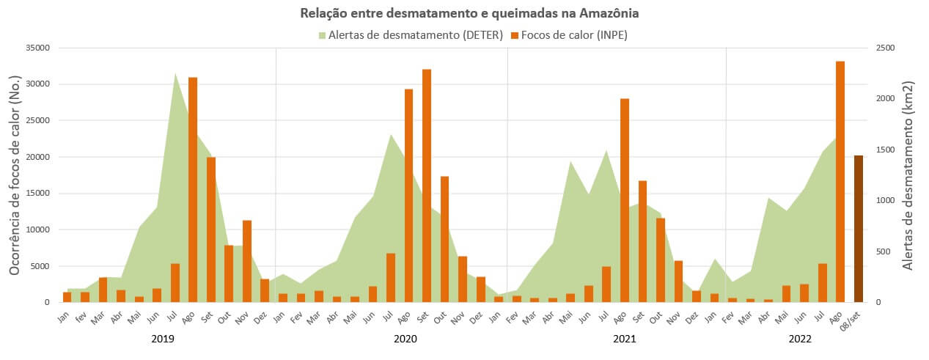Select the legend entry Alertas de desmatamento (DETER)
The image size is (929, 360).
click(x=411, y=34)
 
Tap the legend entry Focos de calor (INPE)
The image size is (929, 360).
click(x=569, y=34)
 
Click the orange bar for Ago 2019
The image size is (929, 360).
click(x=193, y=190)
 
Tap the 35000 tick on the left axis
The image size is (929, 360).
click(x=37, y=48)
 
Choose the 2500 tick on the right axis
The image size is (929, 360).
click(x=885, y=48)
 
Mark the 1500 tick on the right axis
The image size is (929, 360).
click(x=885, y=150)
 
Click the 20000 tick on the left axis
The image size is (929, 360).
click(x=37, y=157)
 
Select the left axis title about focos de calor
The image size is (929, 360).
click(x=15, y=175)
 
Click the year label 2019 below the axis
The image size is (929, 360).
click(x=163, y=339)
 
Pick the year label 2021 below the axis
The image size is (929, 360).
click(x=625, y=339)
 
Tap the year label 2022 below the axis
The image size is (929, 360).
click(x=800, y=339)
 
